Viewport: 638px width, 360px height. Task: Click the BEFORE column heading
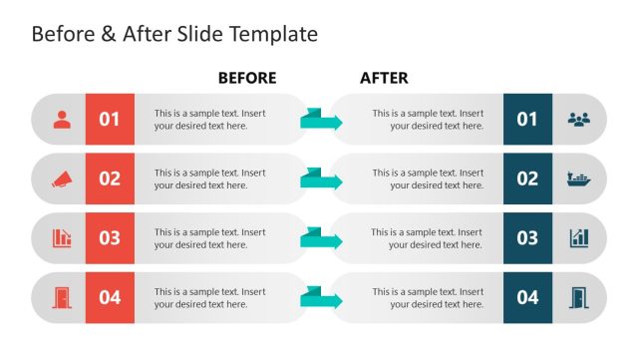point(246,78)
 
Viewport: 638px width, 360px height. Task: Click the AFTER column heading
point(384,78)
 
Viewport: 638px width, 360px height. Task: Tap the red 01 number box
point(110,120)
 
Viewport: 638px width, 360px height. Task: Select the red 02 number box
point(110,179)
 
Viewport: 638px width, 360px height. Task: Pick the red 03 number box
point(110,238)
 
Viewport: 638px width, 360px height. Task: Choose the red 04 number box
point(110,297)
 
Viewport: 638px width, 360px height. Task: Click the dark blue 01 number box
point(527,120)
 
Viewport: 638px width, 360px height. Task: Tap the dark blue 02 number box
point(527,179)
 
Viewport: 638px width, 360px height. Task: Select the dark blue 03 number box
point(527,238)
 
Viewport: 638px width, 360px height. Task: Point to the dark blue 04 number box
point(527,297)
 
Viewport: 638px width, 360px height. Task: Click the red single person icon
point(62,120)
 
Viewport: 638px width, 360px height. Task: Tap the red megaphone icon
point(62,180)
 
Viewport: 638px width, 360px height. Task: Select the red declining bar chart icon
point(62,238)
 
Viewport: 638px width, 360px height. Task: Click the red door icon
point(62,297)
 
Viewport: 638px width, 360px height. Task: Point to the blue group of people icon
point(579,120)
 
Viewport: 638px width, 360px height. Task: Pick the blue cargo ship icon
point(579,180)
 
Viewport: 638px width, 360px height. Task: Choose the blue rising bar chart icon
point(579,238)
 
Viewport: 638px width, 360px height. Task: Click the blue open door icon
point(579,297)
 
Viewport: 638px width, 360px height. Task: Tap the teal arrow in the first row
point(321,121)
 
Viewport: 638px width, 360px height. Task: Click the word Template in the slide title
point(273,34)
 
